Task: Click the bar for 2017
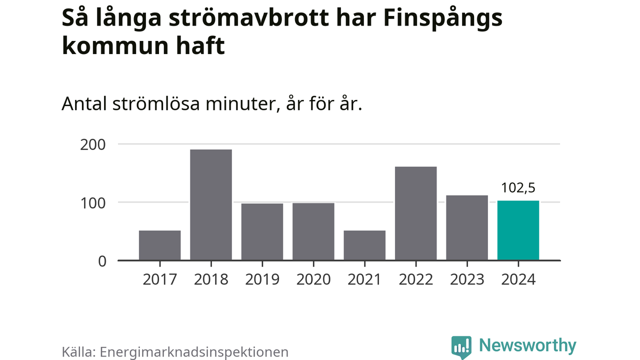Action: [159, 245]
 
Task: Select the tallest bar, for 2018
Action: [210, 204]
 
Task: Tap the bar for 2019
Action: [262, 231]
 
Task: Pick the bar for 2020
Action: [313, 231]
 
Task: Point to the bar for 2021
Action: [364, 245]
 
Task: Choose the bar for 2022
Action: [415, 213]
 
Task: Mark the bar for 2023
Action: [467, 227]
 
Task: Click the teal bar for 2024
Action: [518, 230]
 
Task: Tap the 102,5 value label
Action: [518, 188]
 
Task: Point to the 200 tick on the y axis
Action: [92, 144]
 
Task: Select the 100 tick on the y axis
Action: [92, 202]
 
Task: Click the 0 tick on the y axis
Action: [101, 261]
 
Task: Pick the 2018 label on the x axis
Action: [210, 279]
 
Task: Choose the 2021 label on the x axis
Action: [364, 279]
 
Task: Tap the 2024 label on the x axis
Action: [518, 279]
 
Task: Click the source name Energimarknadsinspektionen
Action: [194, 351]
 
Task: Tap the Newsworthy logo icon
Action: [461, 346]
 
